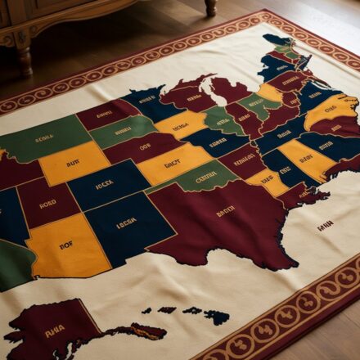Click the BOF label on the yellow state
click(x=66, y=243)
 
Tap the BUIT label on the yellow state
click(x=73, y=162)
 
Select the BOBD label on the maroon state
click(x=47, y=204)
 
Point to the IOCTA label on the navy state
click(x=104, y=185)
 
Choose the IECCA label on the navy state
click(x=125, y=222)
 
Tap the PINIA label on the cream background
click(x=325, y=225)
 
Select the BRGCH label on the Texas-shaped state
click(x=225, y=210)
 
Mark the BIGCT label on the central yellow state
click(x=172, y=164)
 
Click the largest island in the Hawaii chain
click(x=217, y=317)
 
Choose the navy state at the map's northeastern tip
click(x=277, y=39)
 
